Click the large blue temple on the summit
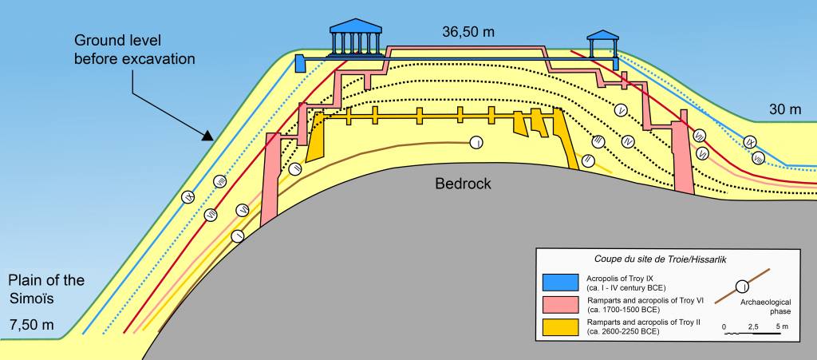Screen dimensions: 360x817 (x=355, y=36)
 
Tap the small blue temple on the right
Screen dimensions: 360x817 (x=602, y=45)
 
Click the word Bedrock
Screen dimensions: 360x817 (x=463, y=184)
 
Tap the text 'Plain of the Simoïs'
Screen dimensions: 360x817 (x=45, y=289)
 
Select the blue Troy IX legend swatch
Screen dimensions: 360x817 (x=562, y=282)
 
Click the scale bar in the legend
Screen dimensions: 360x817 (x=752, y=334)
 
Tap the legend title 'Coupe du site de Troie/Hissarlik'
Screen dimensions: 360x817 (x=665, y=258)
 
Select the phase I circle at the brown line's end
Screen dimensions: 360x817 (x=476, y=143)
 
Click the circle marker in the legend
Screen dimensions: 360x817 (x=742, y=286)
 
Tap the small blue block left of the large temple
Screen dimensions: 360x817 (x=300, y=63)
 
